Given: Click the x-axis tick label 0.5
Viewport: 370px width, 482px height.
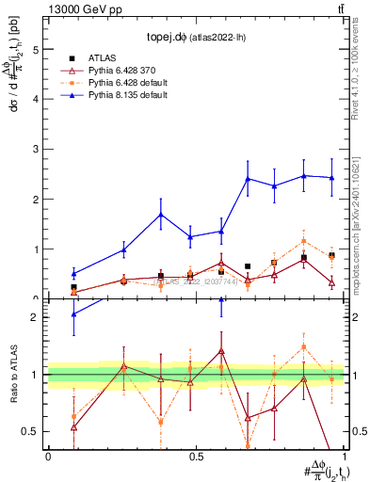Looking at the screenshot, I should pos(194,457).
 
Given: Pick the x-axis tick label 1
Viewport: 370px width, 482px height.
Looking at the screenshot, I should pos(345,457).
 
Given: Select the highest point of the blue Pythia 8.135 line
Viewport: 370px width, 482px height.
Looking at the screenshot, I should pos(304,175).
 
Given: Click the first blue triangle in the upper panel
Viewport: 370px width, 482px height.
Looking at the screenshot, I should pos(73,274).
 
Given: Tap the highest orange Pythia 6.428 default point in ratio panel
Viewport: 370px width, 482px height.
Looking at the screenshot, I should pos(304,346).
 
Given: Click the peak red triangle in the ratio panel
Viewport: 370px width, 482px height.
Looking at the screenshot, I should pos(221,350).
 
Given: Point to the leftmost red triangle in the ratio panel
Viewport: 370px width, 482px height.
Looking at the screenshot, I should pos(73,426).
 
